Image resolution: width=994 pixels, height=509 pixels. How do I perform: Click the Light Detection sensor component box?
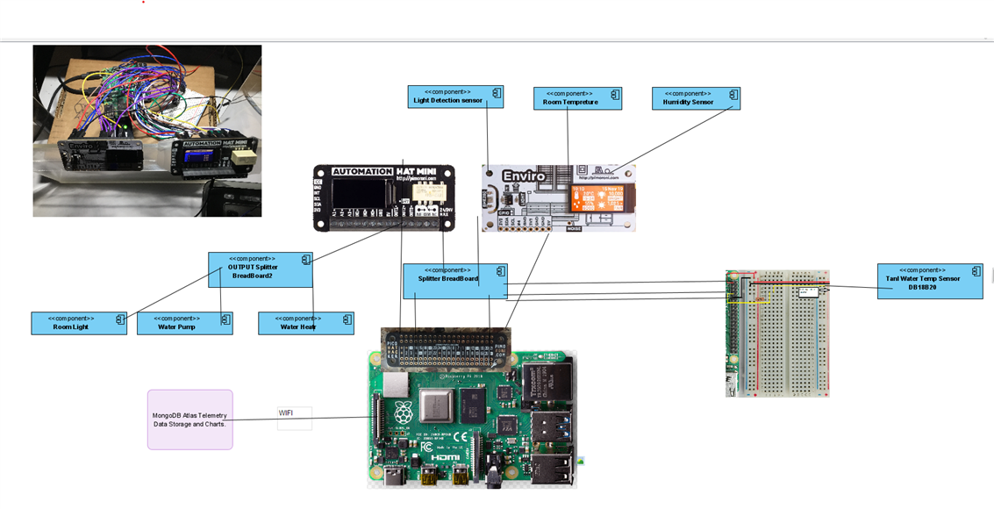[x=455, y=97]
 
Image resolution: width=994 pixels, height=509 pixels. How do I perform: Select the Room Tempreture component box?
[x=577, y=98]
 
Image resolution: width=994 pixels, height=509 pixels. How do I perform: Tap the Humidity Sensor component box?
[x=696, y=98]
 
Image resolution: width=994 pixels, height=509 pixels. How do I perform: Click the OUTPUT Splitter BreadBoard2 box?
[x=260, y=269]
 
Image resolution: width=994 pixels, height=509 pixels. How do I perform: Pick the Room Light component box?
[x=78, y=323]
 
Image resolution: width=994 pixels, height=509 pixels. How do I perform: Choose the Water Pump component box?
[x=184, y=323]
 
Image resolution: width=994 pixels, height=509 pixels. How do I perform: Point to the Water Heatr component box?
[x=305, y=323]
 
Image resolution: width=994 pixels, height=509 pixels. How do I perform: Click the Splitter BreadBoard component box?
[x=454, y=281]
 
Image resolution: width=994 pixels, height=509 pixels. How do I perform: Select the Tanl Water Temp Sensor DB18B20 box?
[x=929, y=281]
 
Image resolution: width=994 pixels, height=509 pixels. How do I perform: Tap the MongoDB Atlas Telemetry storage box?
[x=190, y=419]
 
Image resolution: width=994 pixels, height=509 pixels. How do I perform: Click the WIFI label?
[x=294, y=418]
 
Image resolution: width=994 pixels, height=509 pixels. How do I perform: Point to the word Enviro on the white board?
[x=524, y=176]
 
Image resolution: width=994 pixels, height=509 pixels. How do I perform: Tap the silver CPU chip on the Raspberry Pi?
[x=436, y=406]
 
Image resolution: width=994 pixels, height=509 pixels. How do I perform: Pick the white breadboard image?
[x=777, y=333]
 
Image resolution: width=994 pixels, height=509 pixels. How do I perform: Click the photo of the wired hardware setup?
[x=147, y=131]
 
